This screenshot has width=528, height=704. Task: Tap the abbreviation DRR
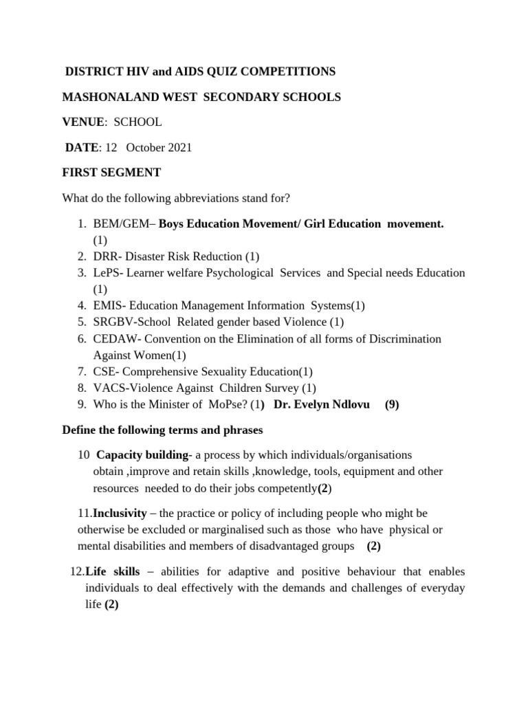click(105, 256)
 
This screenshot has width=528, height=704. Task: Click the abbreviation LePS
click(107, 273)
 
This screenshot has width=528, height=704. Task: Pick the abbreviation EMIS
click(107, 305)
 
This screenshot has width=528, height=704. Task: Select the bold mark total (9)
click(392, 404)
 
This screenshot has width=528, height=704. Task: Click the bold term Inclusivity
click(120, 514)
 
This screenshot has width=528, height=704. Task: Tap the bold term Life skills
click(113, 572)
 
